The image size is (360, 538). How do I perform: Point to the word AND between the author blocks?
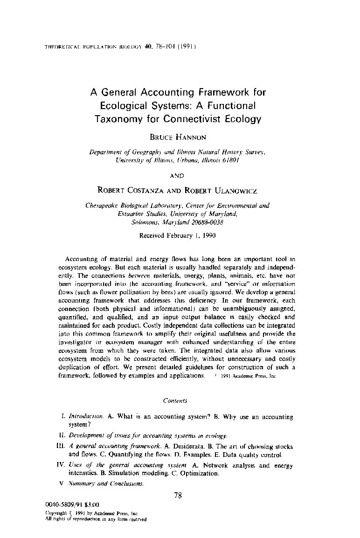177,175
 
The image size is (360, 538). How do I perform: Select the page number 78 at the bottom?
177,496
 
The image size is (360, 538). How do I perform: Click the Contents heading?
175,400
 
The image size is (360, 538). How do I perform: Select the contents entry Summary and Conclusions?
106,483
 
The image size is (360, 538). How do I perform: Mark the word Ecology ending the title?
242,118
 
